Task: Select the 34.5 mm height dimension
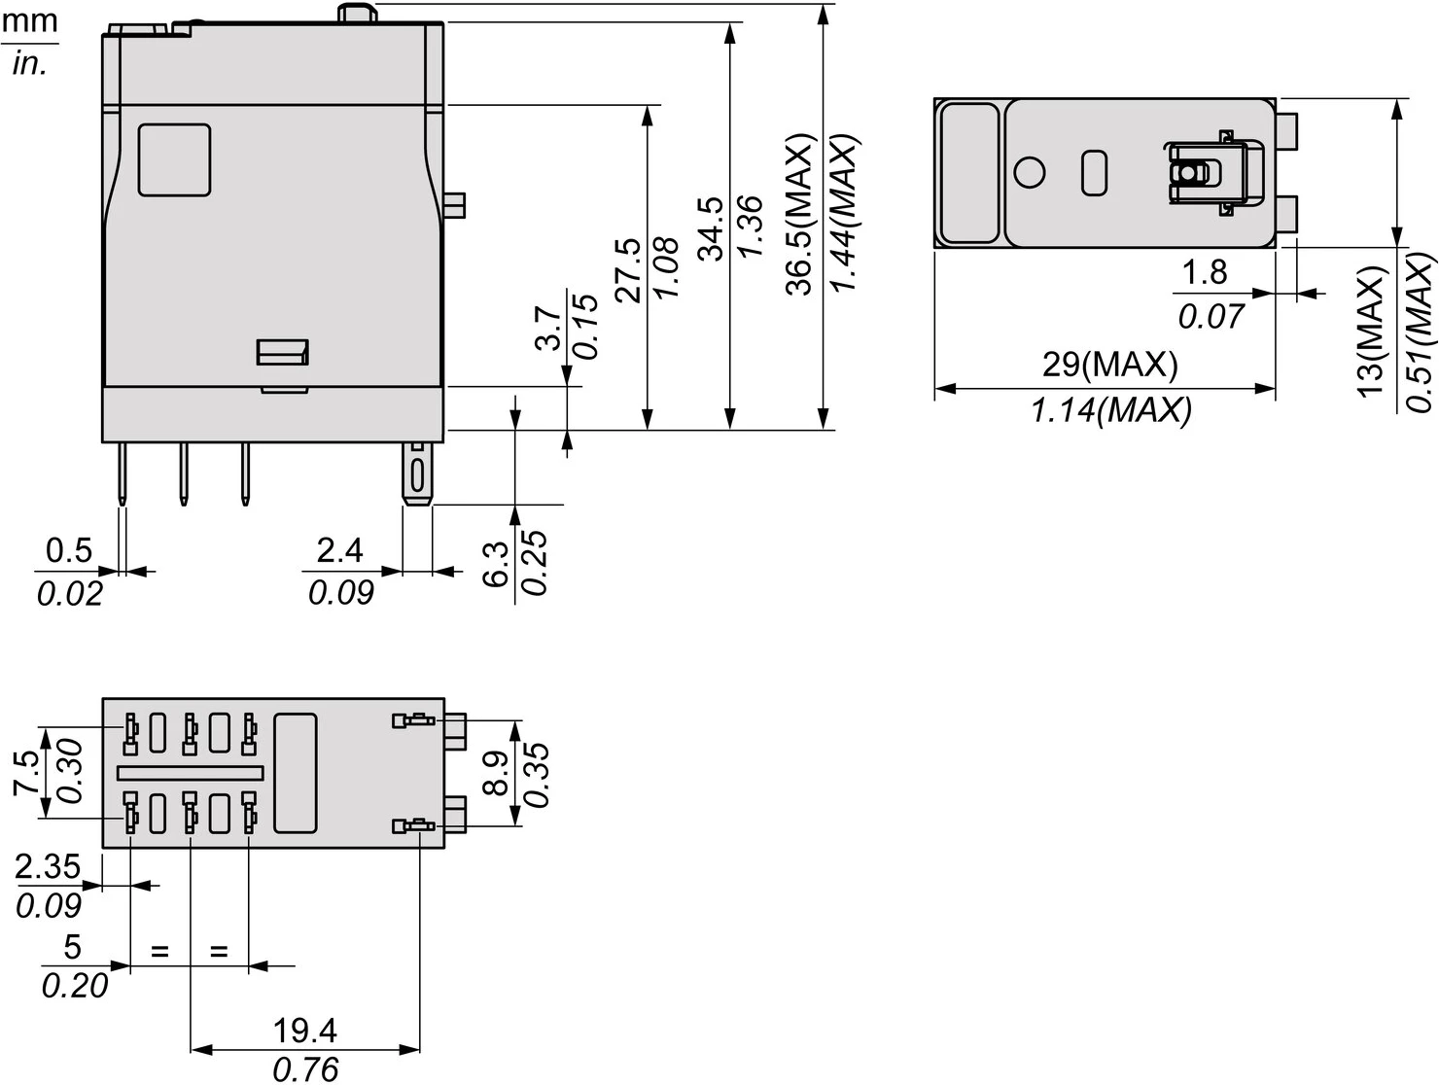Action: [x=712, y=228]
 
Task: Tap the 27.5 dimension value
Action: [x=629, y=269]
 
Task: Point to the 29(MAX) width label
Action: [x=1109, y=365]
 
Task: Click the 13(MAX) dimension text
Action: [x=1370, y=332]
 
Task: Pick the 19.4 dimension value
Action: [x=304, y=1030]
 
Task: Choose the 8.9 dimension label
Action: [x=496, y=773]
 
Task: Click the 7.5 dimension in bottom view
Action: [x=26, y=773]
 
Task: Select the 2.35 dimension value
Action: [x=48, y=866]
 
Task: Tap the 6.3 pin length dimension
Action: [x=496, y=565]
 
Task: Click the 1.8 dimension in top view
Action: [x=1204, y=273]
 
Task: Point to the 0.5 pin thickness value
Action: [x=69, y=550]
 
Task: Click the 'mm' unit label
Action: [x=29, y=21]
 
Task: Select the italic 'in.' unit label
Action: [x=29, y=64]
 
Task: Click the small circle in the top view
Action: [x=1029, y=172]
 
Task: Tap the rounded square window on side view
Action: [x=174, y=159]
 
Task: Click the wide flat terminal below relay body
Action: [x=417, y=473]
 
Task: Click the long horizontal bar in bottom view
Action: [x=190, y=773]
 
